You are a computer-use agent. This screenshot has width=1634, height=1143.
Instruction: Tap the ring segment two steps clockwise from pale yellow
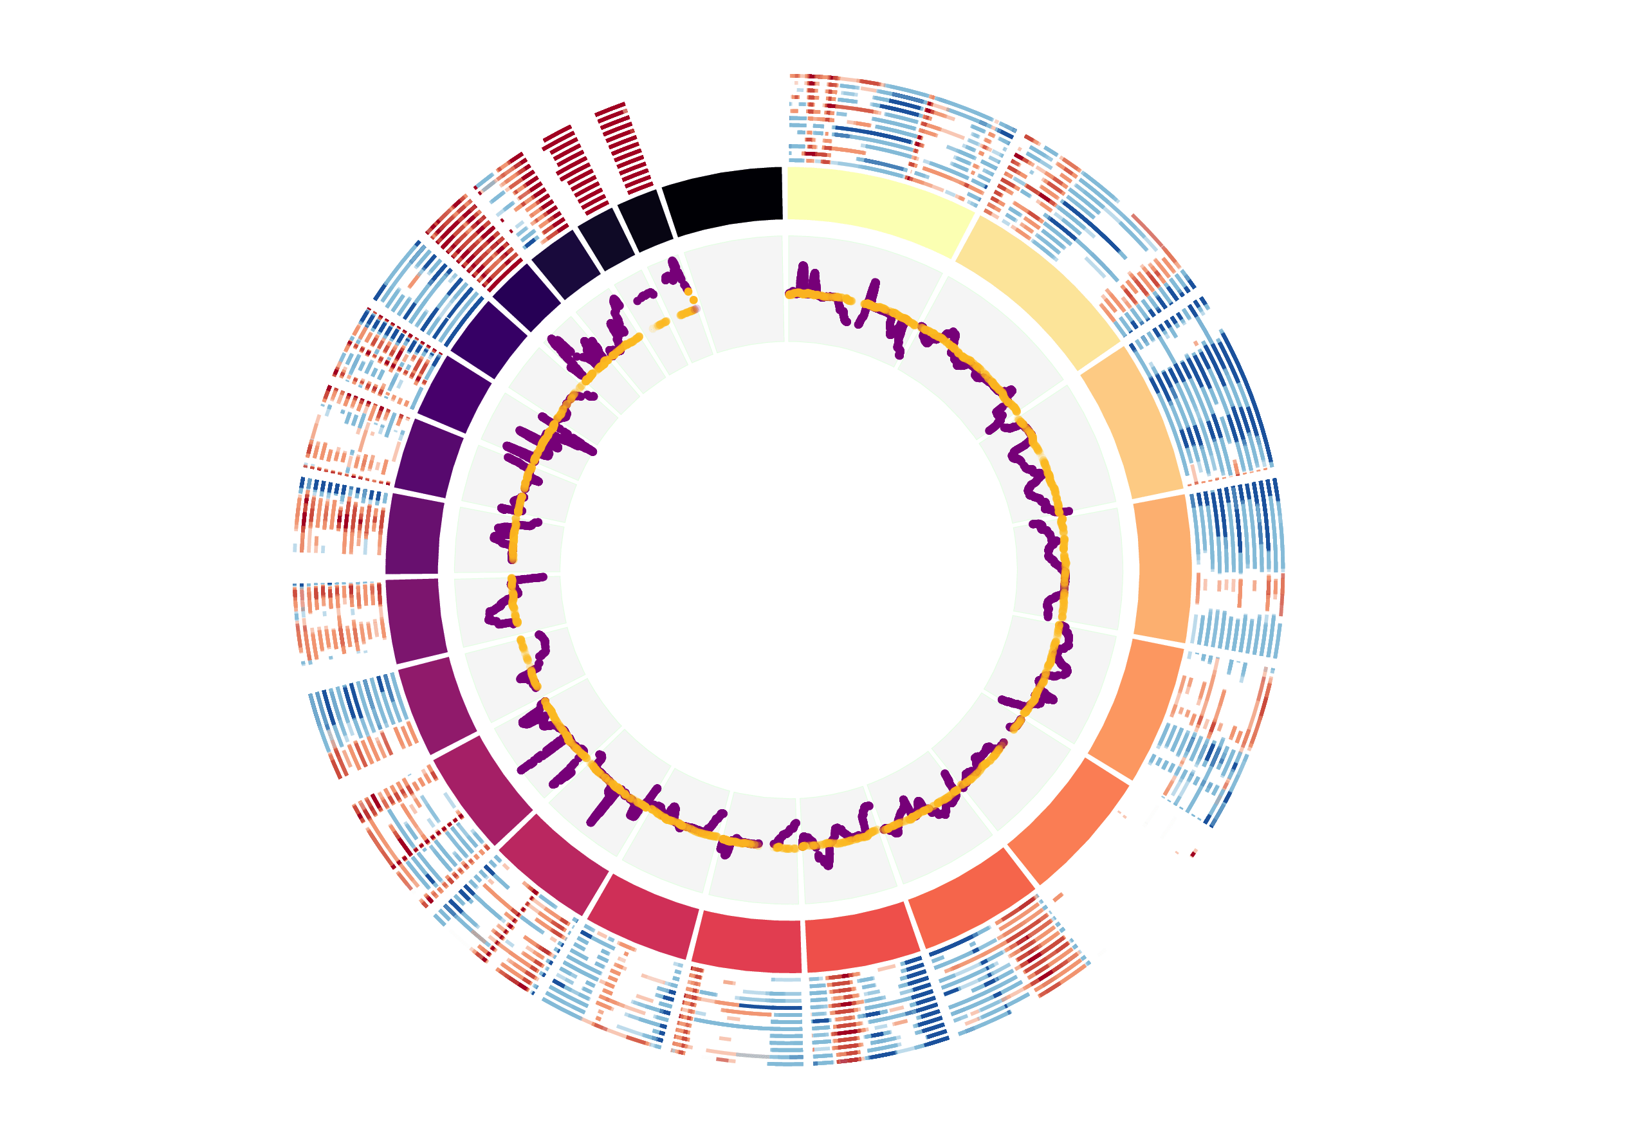click(1132, 421)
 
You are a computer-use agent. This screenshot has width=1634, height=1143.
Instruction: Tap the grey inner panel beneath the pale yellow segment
click(861, 299)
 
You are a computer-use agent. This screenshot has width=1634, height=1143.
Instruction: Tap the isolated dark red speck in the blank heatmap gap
click(1193, 853)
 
